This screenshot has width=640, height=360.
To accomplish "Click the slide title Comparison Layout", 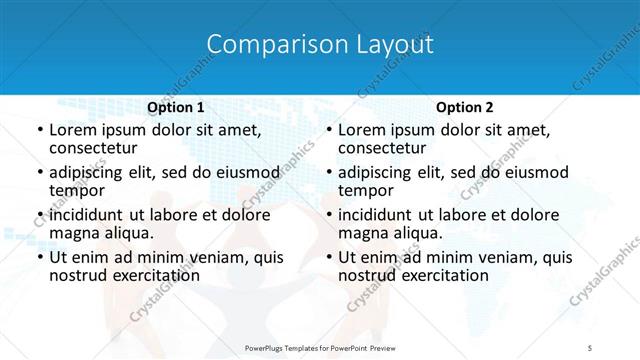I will pyautogui.click(x=320, y=45).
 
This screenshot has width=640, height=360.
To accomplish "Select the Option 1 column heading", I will pyautogui.click(x=175, y=107).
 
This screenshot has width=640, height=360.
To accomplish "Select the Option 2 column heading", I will pyautogui.click(x=464, y=107).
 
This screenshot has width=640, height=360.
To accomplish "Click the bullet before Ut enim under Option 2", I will pyautogui.click(x=329, y=258).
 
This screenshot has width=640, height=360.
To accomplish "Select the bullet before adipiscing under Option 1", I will pyautogui.click(x=40, y=173).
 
